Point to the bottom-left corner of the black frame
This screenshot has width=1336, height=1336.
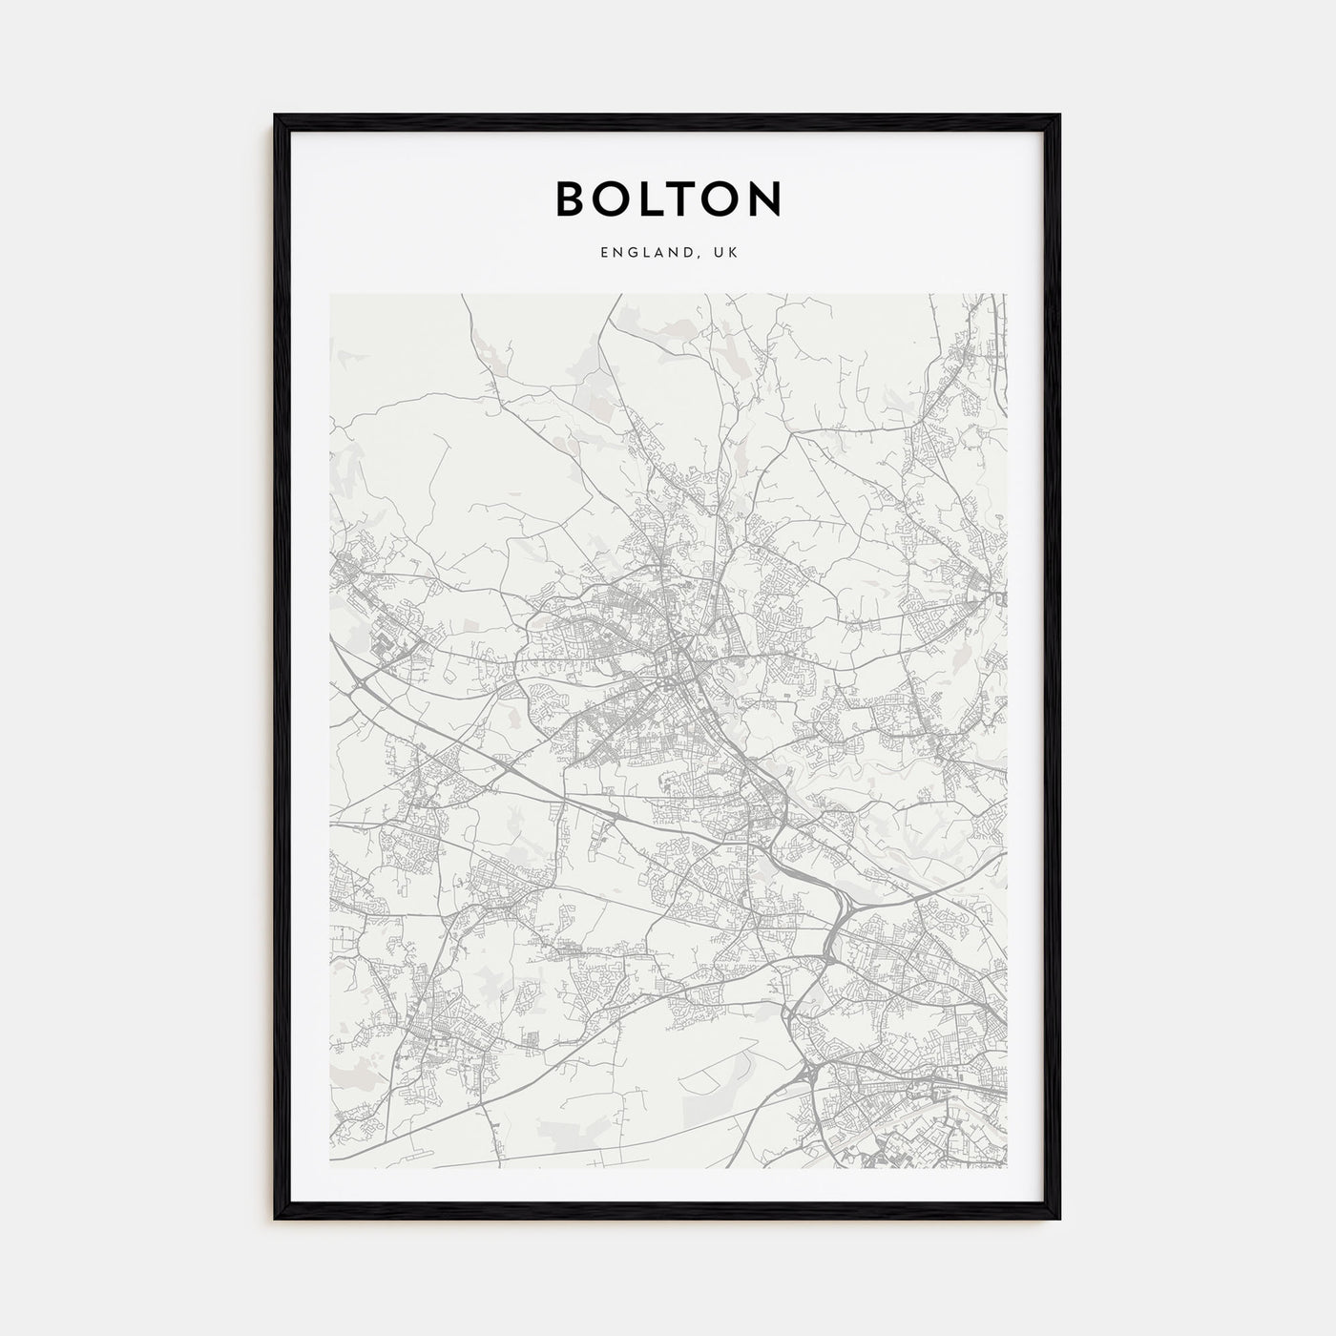point(276,1219)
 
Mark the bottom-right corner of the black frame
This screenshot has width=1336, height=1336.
point(1059,1219)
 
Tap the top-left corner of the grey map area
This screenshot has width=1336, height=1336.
point(331,295)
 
